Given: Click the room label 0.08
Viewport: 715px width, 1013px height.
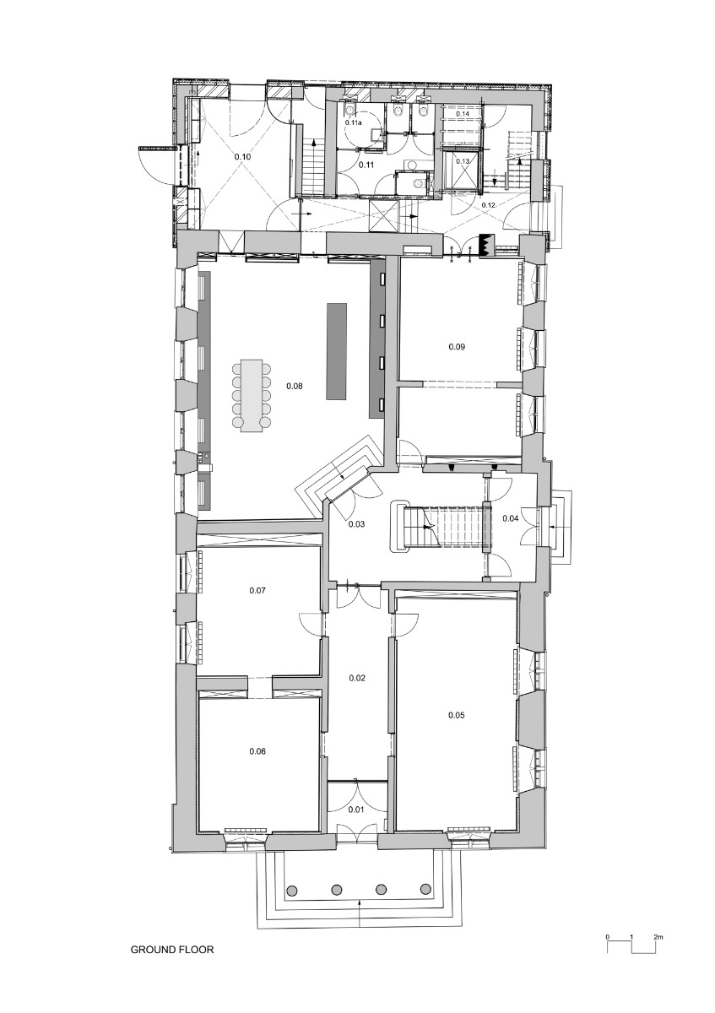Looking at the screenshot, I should click(295, 386).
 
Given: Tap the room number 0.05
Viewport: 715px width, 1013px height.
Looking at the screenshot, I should click(457, 715).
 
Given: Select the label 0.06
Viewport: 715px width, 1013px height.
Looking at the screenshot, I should click(258, 751).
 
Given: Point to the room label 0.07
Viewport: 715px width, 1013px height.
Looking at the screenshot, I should click(258, 590).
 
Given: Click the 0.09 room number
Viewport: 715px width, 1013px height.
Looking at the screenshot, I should click(457, 346).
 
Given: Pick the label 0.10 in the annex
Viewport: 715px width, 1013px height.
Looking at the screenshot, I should click(243, 156).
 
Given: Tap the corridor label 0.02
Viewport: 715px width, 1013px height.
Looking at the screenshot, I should click(357, 678).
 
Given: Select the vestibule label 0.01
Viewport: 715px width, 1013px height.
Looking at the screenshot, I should click(357, 810).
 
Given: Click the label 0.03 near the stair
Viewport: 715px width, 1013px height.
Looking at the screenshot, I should click(357, 524).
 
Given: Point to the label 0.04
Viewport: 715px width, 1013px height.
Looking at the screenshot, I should click(510, 517).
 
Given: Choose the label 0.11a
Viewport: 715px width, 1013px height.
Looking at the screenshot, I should click(354, 123).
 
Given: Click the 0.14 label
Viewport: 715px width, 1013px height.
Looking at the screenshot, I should click(463, 113).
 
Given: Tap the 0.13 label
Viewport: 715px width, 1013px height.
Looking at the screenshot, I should click(463, 161).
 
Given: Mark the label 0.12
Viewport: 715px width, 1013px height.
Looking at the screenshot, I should click(489, 205).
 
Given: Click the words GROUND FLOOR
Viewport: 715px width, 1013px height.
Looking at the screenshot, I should click(172, 950).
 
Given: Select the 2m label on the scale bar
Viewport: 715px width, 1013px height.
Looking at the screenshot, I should click(658, 937).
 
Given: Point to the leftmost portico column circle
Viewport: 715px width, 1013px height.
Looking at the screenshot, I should click(292, 890).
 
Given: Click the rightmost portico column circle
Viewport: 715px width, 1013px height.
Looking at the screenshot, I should click(425, 890).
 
